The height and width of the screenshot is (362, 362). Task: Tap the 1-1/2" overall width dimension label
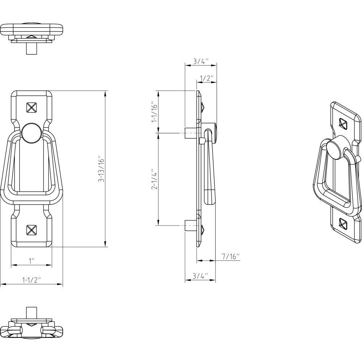click(32, 280)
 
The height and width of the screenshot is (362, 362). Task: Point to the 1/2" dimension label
click(207, 78)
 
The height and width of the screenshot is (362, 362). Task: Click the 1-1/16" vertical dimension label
click(154, 111)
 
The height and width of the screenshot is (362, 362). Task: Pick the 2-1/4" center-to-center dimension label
click(154, 179)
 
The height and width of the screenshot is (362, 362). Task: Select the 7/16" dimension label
click(231, 256)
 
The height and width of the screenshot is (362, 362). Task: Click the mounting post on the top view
click(31, 48)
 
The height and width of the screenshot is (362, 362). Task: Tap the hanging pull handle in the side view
click(209, 167)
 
